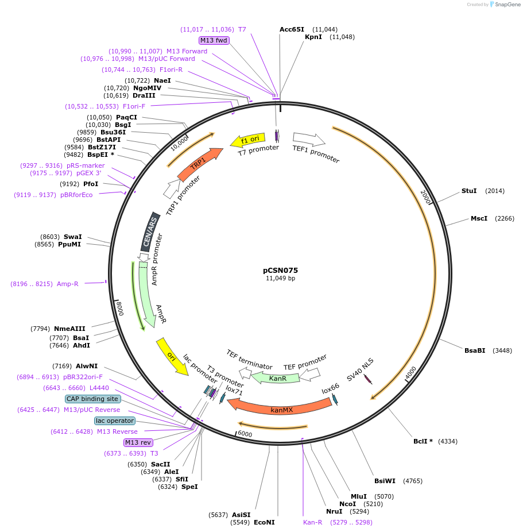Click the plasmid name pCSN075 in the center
[x=280, y=270]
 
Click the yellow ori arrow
[x=172, y=356]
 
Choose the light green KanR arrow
[x=277, y=378]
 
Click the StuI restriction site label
[x=469, y=191]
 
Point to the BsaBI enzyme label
[x=475, y=350]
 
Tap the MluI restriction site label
[x=359, y=496]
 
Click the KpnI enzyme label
[x=313, y=37]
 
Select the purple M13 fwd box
[x=214, y=40]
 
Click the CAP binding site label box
[x=93, y=399]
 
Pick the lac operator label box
[x=115, y=421]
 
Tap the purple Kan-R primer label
[x=313, y=522]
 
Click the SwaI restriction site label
[x=73, y=237]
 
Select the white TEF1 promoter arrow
[x=309, y=139]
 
